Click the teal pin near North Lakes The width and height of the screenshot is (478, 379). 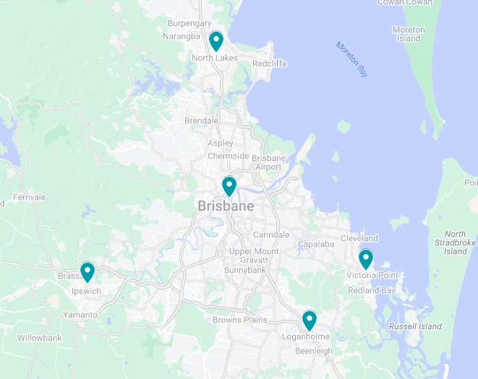point(215,40)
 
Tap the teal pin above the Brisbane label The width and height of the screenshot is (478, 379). point(229,186)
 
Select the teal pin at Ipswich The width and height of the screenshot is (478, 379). point(88,271)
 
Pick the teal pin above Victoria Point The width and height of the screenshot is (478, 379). point(366,258)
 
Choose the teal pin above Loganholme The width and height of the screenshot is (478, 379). point(310,320)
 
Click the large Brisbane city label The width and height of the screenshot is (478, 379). point(226,206)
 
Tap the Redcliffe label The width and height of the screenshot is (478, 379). point(270,64)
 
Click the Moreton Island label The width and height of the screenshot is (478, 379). point(409,34)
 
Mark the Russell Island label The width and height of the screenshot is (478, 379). point(415,326)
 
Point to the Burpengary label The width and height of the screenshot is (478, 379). point(189,23)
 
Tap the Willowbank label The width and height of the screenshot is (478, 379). point(40,338)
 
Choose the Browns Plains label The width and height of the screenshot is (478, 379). point(239,320)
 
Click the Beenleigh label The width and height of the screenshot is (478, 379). point(313,351)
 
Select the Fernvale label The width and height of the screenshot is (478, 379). point(29,197)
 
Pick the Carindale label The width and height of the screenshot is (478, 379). point(271,235)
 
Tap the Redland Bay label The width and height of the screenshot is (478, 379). point(372,290)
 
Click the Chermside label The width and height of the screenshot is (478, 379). point(228,156)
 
